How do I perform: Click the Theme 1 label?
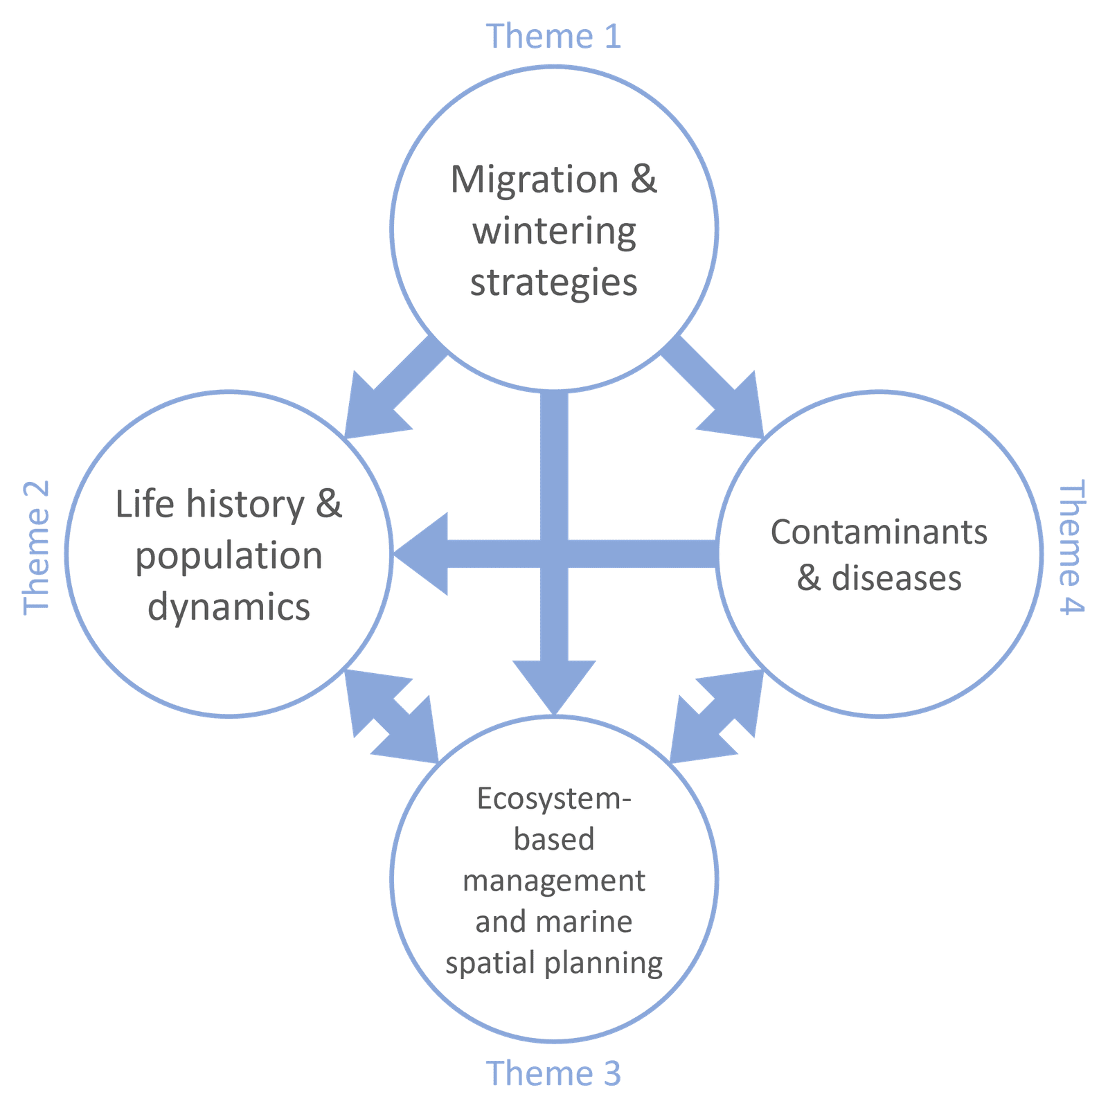pos(553,36)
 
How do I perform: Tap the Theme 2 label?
pos(36,547)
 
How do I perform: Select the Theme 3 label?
pos(553,1073)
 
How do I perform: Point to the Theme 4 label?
pos(1072,547)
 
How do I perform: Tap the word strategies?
pos(554,283)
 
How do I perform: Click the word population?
pos(229,556)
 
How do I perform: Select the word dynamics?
pos(229,607)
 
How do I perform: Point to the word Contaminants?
pos(879,532)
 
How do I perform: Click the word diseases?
pos(896,578)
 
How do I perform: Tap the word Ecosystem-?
pos(554,799)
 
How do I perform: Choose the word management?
pos(554,881)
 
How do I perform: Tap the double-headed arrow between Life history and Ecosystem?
pos(392,717)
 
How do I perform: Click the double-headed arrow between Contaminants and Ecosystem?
pos(717,717)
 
